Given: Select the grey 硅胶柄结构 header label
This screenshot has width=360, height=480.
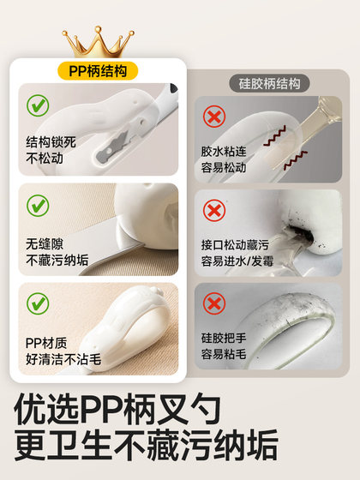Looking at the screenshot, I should (269, 84).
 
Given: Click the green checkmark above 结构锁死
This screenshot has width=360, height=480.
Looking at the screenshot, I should (37, 107).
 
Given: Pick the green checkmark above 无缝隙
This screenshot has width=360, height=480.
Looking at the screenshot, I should (37, 207).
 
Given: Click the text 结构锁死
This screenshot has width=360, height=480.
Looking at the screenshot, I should (51, 141).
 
